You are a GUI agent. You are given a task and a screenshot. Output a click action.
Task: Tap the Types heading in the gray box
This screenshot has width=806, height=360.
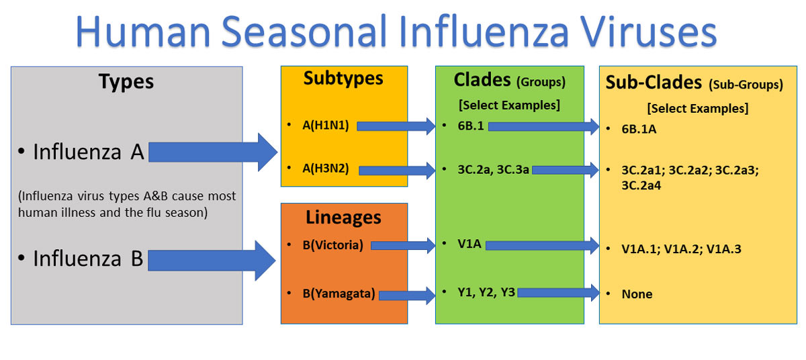126,82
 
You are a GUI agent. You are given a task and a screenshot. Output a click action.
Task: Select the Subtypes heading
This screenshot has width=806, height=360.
343,79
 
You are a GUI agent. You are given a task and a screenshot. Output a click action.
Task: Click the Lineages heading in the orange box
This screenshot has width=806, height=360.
343,218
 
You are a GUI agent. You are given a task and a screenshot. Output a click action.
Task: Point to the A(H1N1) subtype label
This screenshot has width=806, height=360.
326,125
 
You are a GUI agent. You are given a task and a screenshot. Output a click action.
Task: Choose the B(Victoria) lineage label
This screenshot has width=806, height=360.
332,245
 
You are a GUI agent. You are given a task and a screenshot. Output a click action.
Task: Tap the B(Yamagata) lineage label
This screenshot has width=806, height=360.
339,293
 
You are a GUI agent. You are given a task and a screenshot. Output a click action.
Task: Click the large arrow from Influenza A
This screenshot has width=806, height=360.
212,153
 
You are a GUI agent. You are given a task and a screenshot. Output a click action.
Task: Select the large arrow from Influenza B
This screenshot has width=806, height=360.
212,260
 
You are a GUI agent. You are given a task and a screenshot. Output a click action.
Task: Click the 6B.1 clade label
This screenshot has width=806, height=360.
470,126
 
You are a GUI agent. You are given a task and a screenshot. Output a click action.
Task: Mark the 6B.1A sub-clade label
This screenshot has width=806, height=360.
639,129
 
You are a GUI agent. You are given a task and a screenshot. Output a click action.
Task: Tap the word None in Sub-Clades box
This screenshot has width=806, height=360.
637,294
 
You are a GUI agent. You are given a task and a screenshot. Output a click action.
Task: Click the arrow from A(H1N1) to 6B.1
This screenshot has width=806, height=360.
396,126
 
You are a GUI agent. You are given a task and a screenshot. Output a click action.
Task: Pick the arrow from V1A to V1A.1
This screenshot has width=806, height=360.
541,246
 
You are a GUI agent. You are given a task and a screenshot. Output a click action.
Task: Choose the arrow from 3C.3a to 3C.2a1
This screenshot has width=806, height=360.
564,170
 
